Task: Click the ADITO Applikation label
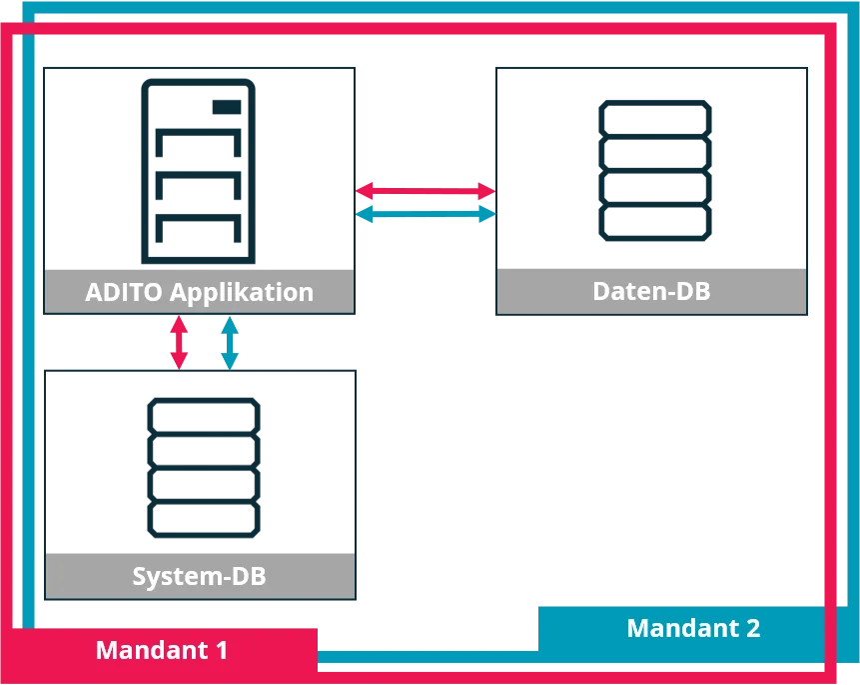199,292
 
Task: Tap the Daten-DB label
651,291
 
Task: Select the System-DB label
199,576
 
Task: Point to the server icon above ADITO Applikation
198,171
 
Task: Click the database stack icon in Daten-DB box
655,171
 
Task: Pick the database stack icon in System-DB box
204,468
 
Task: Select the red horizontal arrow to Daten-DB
426,191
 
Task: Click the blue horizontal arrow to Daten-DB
426,214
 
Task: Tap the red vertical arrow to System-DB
179,342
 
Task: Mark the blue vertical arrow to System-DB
230,342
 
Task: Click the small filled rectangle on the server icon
227,107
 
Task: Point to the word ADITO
124,292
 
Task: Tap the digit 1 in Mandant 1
221,650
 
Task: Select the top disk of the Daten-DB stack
655,118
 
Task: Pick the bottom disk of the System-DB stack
204,520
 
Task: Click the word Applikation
242,293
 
